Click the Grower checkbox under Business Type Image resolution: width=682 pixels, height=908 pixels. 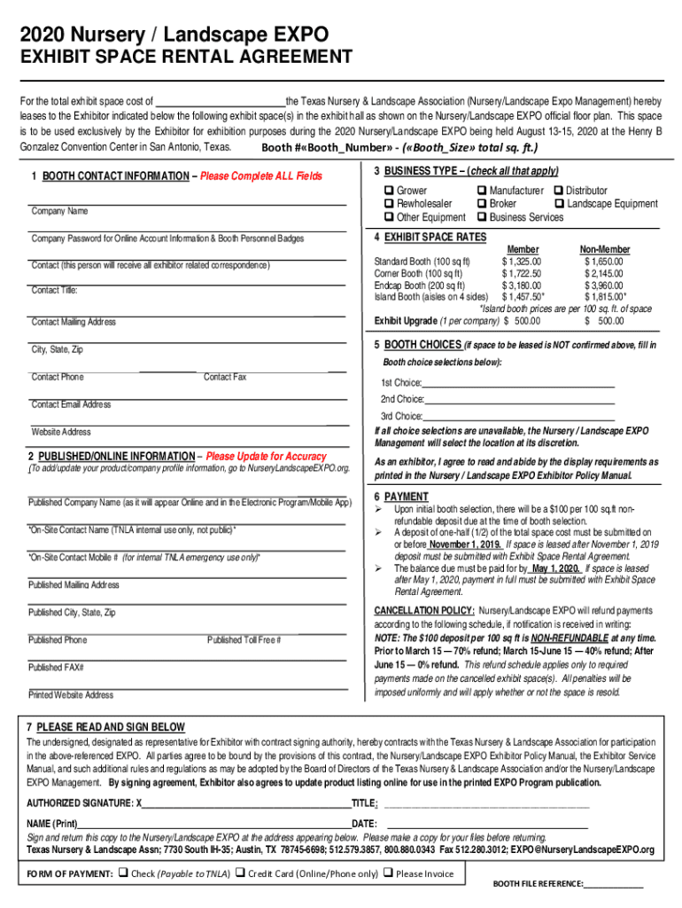tap(388, 191)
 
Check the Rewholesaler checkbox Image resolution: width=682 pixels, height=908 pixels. tap(388, 204)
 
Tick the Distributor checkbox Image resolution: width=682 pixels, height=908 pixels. tap(558, 191)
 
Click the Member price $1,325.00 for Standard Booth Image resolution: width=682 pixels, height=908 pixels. tap(521, 262)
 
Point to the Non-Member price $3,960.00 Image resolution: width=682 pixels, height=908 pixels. tap(603, 285)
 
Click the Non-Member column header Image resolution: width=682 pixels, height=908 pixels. tap(604, 250)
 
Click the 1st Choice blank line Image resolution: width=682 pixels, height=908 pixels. tap(518, 382)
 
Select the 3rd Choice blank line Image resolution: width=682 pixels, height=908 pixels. tap(518, 415)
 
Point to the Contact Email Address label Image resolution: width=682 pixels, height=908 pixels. tap(71, 404)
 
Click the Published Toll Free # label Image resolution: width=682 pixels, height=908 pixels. tap(244, 640)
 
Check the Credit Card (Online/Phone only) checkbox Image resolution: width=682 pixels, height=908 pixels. tap(240, 873)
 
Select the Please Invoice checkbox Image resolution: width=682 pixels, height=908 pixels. tap(388, 873)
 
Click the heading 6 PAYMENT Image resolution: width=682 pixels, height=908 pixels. tap(400, 497)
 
